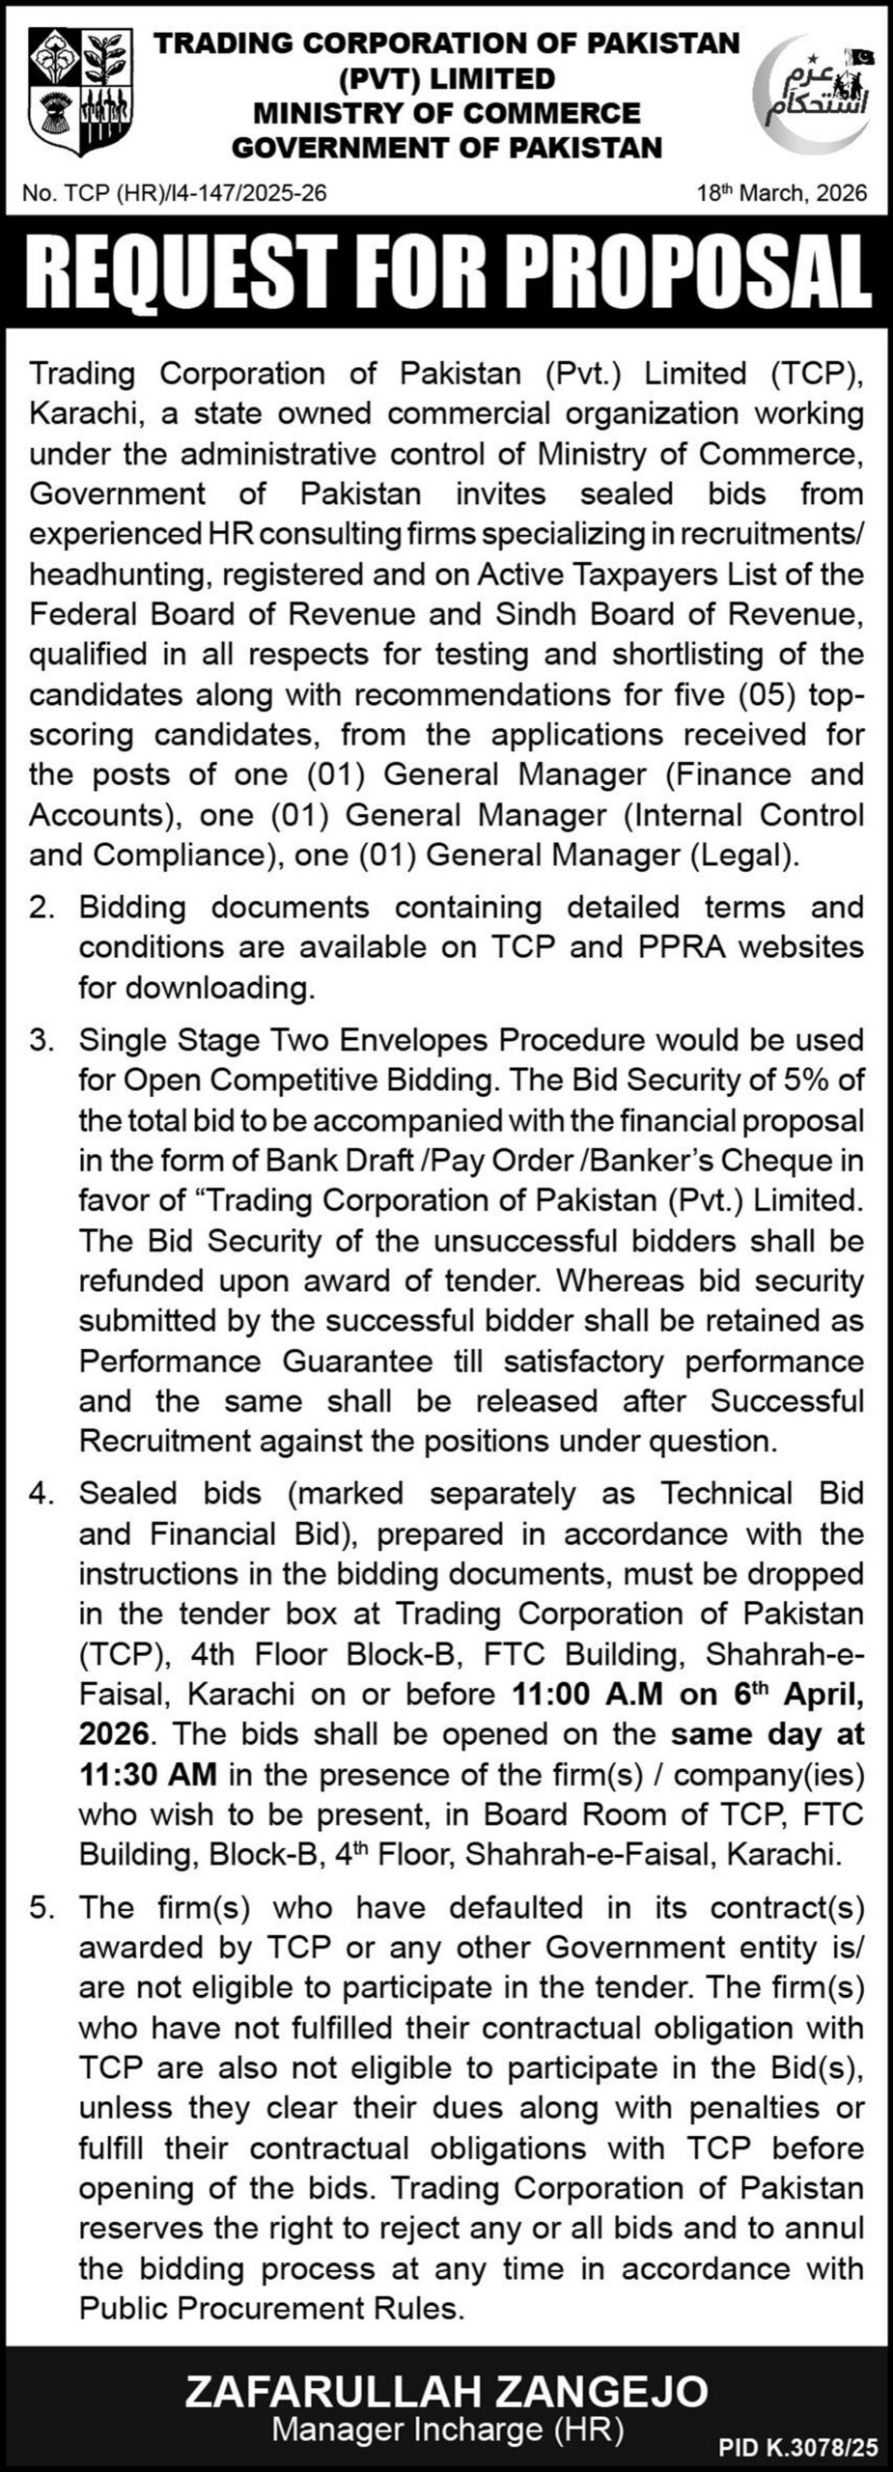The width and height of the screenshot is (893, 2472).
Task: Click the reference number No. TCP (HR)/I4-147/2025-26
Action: [175, 193]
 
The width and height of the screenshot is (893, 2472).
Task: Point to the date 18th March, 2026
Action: [782, 193]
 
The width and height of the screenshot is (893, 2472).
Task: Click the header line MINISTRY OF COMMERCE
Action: [447, 113]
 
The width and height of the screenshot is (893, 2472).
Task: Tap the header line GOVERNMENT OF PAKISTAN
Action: [447, 147]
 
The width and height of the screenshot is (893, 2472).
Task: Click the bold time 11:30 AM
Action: [148, 1775]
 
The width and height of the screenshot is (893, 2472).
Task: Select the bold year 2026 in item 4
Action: [114, 1734]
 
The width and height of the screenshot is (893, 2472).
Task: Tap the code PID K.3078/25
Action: [797, 2448]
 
